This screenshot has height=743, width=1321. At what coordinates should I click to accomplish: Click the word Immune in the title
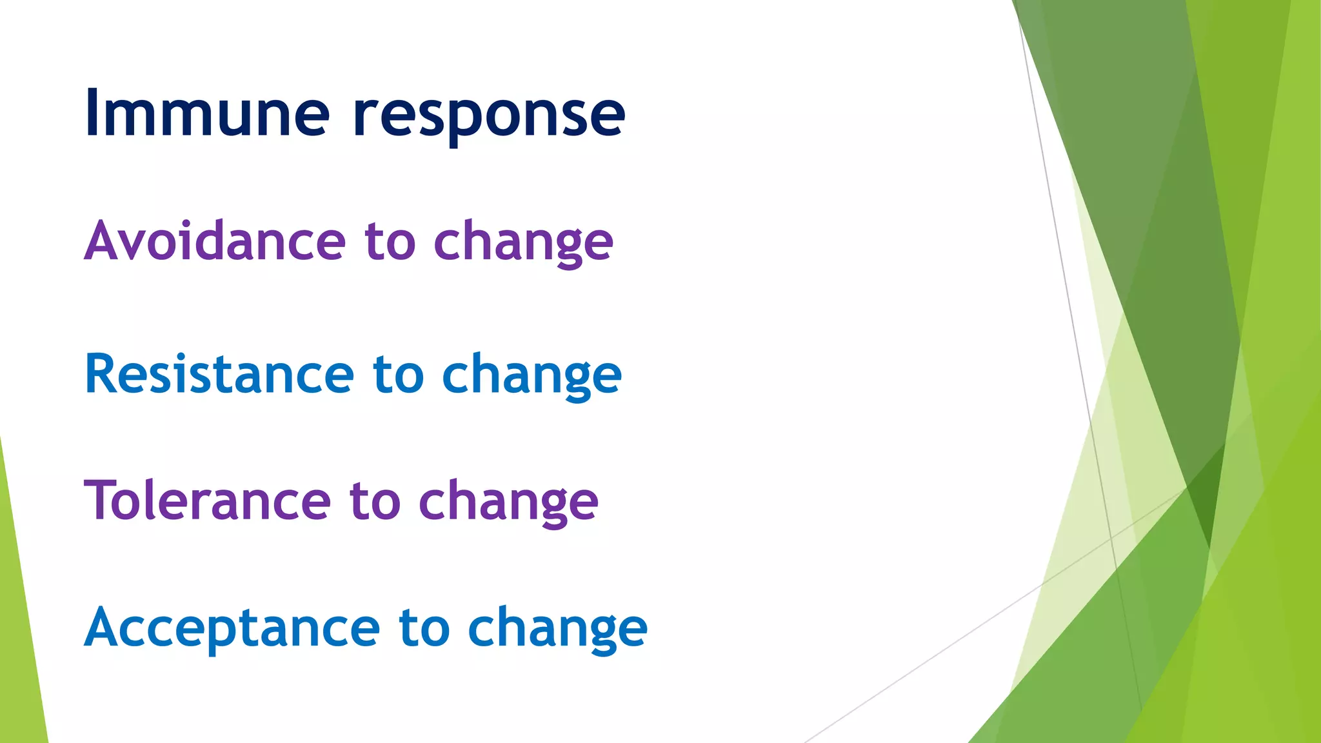pyautogui.click(x=206, y=113)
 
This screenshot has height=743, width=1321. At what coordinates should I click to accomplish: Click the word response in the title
pyautogui.click(x=489, y=116)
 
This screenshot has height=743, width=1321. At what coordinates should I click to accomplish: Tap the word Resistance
pyautogui.click(x=219, y=374)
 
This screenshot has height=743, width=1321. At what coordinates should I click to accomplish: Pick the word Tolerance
pyautogui.click(x=207, y=500)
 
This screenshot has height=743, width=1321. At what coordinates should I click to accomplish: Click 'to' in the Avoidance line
pyautogui.click(x=390, y=241)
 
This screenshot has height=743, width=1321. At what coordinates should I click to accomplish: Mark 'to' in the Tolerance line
pyautogui.click(x=375, y=502)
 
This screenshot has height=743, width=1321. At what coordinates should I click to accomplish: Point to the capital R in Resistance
pyautogui.click(x=99, y=373)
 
